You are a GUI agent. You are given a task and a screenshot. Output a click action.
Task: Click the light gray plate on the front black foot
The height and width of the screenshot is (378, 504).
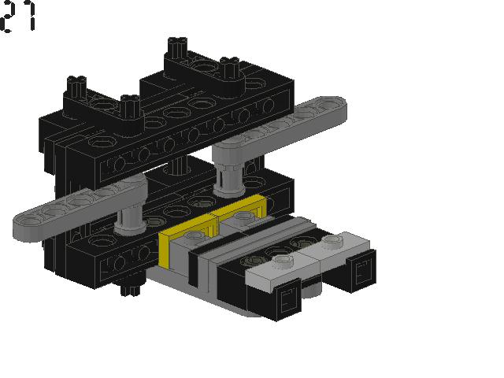(x=275, y=272)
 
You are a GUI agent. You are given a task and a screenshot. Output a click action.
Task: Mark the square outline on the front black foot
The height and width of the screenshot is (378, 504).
(x=289, y=299)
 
